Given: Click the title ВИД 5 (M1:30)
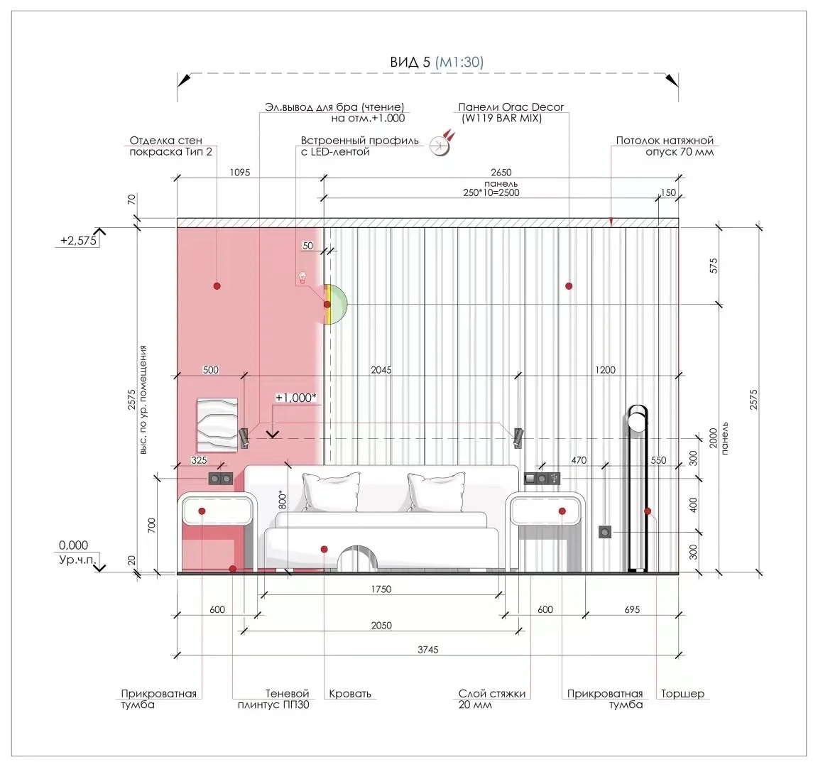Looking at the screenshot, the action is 437,62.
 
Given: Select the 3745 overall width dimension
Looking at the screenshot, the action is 427,650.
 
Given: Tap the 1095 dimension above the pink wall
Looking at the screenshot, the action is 240,172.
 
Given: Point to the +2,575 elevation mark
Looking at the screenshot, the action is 78,241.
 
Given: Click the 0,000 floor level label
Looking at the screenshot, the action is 73,545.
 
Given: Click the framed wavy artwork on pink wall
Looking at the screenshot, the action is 217,425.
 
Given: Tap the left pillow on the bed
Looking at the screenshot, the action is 332,492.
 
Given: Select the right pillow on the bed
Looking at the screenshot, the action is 436,492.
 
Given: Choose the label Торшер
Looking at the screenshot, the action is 682,693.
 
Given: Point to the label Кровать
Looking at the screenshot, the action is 350,693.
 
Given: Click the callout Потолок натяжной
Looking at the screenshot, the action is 665,141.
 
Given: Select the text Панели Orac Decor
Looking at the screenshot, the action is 511,107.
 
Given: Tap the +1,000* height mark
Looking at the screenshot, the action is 296,398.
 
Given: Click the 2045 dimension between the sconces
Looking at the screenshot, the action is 381,370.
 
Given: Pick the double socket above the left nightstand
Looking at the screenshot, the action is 221,479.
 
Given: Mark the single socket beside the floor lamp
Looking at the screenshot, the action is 605,532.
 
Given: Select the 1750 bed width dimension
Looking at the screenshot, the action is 381,589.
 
